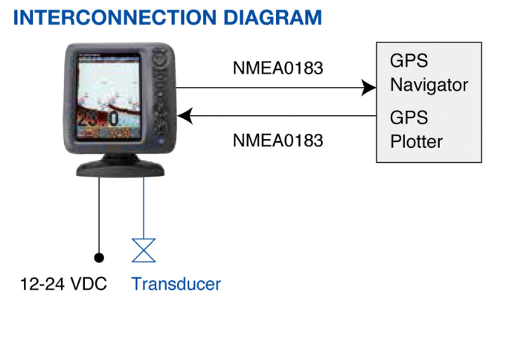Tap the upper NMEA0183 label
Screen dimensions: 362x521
tap(278, 69)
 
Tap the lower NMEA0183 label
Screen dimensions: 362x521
tap(278, 139)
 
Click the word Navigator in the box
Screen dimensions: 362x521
tap(429, 85)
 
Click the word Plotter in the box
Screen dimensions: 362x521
tap(416, 141)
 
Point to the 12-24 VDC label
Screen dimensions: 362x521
tap(63, 284)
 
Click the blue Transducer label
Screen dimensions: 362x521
tap(176, 284)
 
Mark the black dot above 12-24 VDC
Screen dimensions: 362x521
tap(98, 257)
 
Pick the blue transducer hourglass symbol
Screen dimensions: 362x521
tap(144, 251)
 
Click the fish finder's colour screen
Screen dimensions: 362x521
tap(112, 97)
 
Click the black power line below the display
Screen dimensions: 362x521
tap(98, 216)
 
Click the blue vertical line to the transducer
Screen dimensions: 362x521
tap(144, 208)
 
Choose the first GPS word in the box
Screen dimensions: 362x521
tap(407, 61)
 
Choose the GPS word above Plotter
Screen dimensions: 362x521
tap(407, 117)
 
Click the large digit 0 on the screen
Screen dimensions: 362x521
tap(114, 120)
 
